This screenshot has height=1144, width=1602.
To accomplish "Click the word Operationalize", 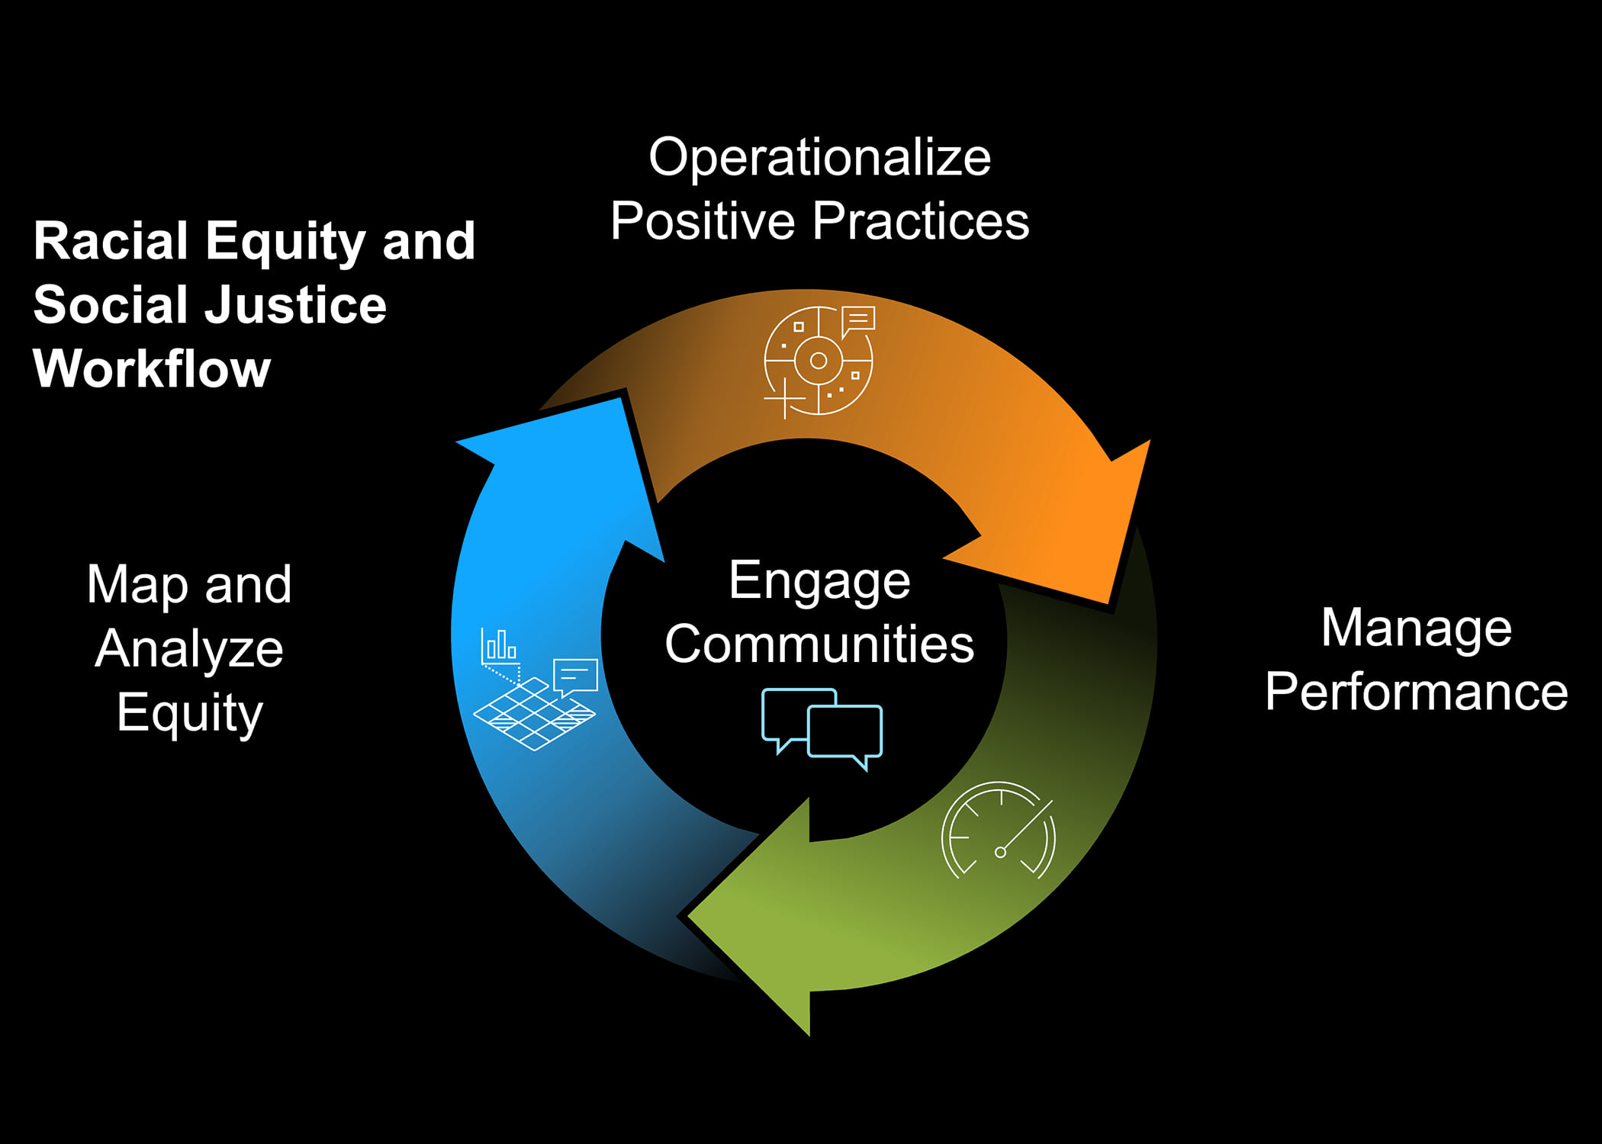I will click(819, 158).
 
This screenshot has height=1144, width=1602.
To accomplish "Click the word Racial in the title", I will click(111, 241).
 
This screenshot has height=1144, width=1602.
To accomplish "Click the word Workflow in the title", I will click(152, 369).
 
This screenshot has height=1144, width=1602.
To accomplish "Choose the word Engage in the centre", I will click(819, 581).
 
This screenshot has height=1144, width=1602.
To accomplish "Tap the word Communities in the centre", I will click(819, 644).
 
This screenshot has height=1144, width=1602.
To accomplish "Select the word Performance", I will click(1416, 692).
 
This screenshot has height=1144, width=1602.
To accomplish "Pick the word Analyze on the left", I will click(189, 649).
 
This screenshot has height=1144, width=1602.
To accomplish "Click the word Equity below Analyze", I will click(189, 713).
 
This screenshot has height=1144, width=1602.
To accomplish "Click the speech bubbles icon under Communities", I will click(822, 728).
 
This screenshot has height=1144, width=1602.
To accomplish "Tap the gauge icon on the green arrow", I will click(999, 831).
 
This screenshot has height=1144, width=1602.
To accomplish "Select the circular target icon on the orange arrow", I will click(819, 361).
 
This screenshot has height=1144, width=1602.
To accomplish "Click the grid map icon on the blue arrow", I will click(534, 713).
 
